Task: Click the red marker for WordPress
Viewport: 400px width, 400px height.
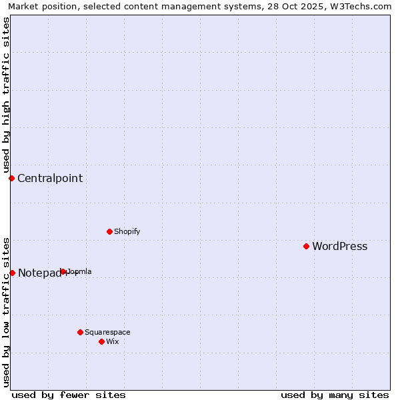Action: coord(306,246)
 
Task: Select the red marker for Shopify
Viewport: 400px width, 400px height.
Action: coord(109,231)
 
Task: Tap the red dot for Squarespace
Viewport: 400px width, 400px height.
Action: coord(80,332)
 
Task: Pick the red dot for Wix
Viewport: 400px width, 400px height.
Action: coord(101,341)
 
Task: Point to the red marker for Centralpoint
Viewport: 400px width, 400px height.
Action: coord(11,178)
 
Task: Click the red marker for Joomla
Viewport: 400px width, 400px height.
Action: coord(63,271)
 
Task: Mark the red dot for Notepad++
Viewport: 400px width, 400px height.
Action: coord(12,273)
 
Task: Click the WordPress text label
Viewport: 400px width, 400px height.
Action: coord(339,247)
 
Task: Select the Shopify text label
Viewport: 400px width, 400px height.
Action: coord(127,231)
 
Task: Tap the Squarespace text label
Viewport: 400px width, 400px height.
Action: coord(107,332)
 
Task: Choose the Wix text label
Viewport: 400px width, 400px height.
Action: coord(112,341)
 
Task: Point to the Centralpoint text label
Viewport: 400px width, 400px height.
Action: coord(50,178)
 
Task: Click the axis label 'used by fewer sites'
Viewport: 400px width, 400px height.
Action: coord(69,395)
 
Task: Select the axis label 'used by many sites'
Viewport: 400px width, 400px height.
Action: coord(335,395)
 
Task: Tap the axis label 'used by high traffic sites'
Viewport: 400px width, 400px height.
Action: coord(6,95)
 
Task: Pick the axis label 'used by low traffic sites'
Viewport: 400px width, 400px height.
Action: coord(6,311)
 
